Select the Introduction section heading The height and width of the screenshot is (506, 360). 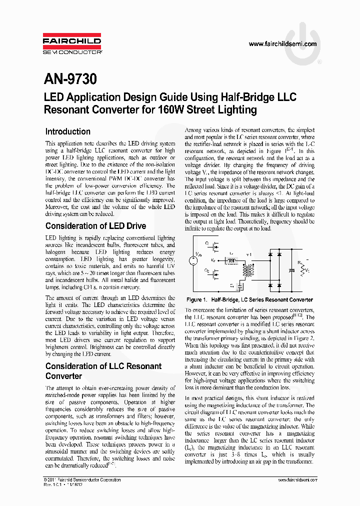[x=67, y=132]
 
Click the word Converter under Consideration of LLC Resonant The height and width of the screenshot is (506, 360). [x=63, y=376]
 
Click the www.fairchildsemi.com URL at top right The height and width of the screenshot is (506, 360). [x=282, y=44]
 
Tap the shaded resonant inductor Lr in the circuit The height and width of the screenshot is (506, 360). [x=231, y=260]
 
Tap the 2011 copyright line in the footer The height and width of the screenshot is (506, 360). [x=82, y=479]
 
